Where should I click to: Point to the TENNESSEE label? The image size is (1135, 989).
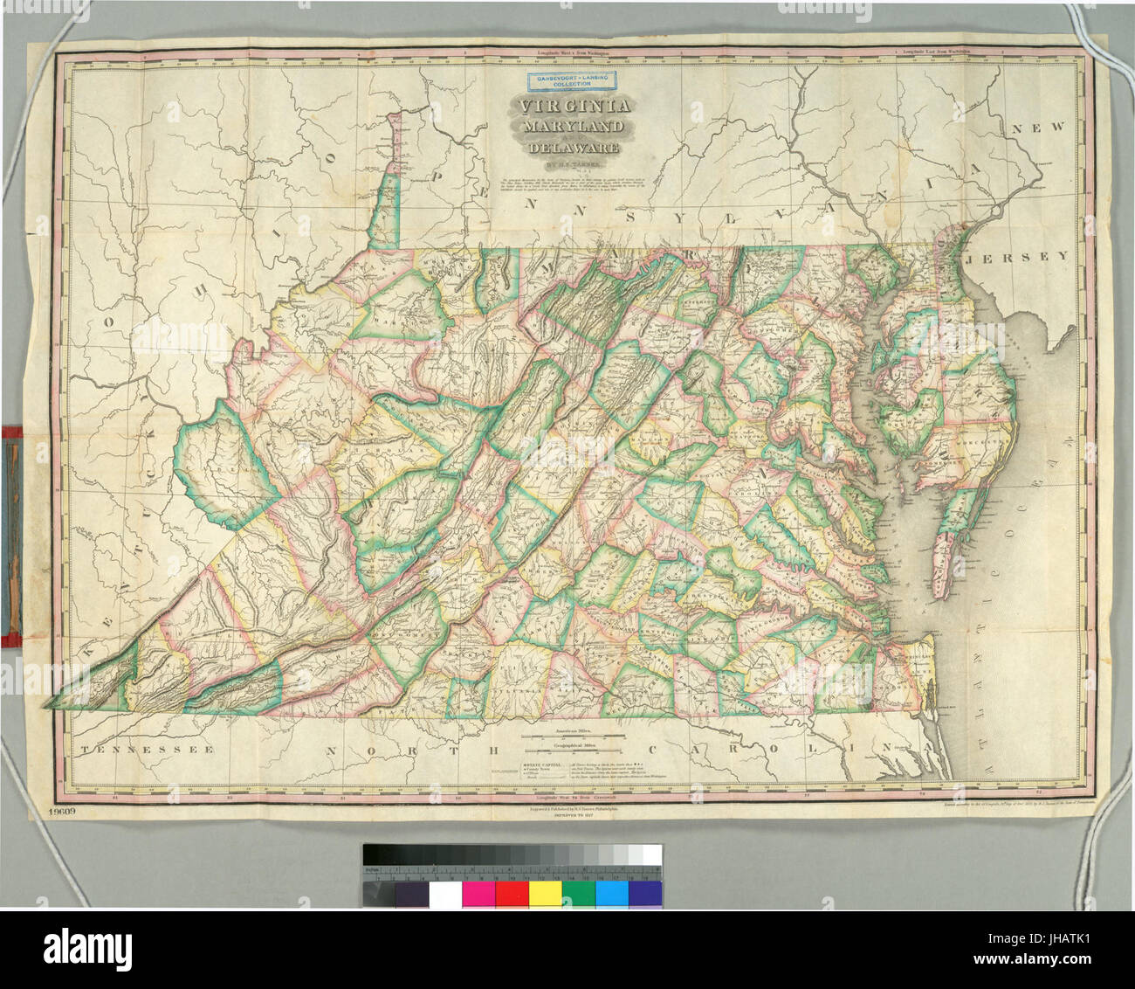145,750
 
